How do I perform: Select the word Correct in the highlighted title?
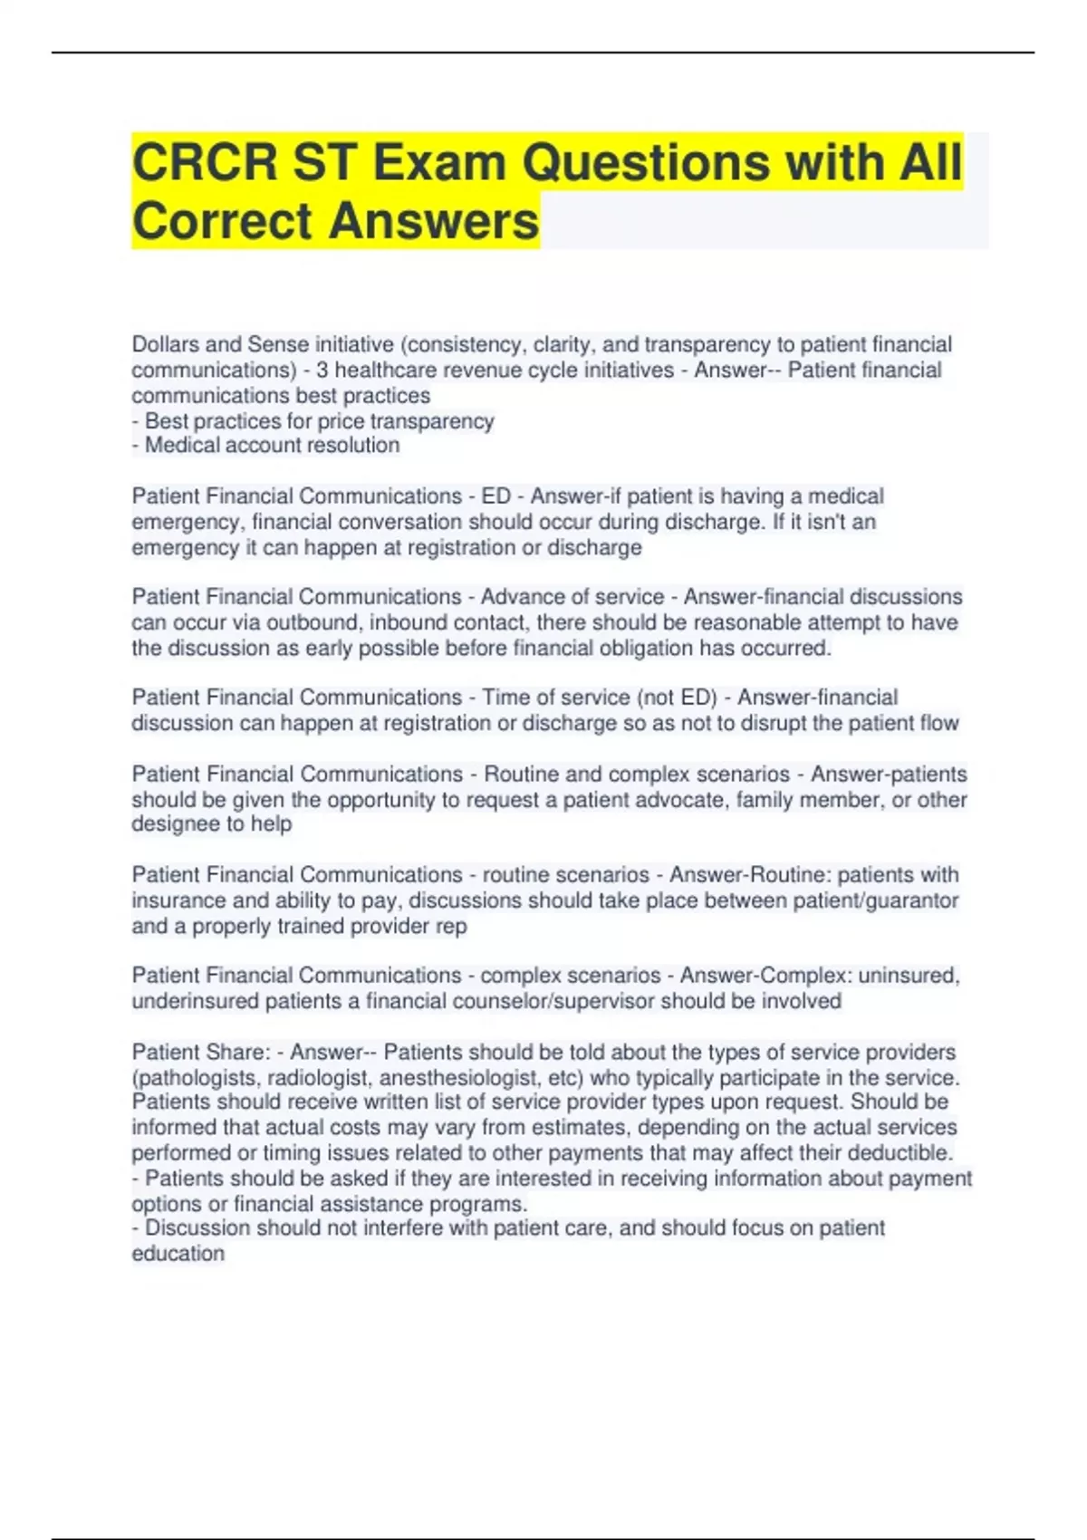click(x=223, y=221)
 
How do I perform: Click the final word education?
click(x=178, y=1254)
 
